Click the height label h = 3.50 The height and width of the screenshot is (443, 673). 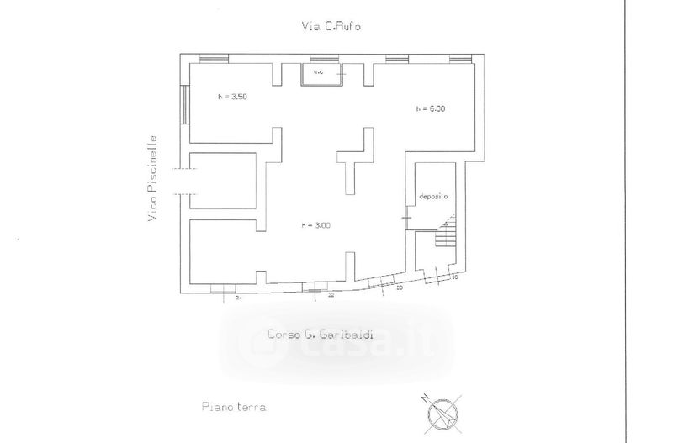(231, 97)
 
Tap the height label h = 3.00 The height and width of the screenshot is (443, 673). (316, 224)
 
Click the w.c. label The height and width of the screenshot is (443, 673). (318, 72)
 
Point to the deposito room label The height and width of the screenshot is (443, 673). (433, 196)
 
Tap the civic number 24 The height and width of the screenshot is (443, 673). (239, 298)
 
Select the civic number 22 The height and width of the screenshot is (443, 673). (331, 296)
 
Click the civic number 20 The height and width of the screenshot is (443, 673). (398, 288)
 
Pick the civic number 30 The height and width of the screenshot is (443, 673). (454, 277)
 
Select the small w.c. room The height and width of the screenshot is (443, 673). (322, 75)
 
